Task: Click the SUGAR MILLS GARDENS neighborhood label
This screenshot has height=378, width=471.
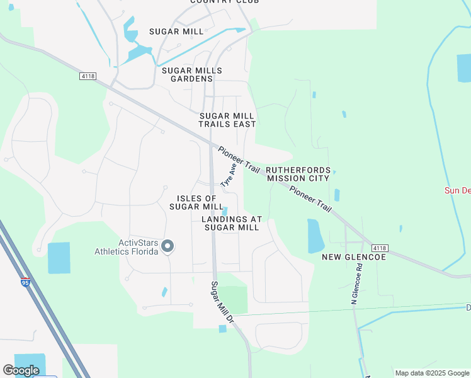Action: pyautogui.click(x=187, y=74)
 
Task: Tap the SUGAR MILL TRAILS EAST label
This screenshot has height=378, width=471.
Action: pyautogui.click(x=227, y=120)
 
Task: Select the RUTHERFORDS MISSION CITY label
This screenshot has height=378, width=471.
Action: pyautogui.click(x=297, y=174)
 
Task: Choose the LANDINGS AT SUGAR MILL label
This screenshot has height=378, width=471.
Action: pyautogui.click(x=231, y=223)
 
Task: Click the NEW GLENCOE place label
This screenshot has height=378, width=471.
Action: pyautogui.click(x=353, y=257)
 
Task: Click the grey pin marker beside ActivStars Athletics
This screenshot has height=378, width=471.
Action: pyautogui.click(x=167, y=246)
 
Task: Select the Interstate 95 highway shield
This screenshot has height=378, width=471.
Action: pyautogui.click(x=25, y=283)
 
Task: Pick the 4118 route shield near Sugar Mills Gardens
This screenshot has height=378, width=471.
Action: pyautogui.click(x=88, y=76)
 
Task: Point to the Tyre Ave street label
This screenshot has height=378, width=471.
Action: pyautogui.click(x=228, y=175)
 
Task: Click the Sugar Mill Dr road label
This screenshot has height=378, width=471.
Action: pyautogui.click(x=222, y=303)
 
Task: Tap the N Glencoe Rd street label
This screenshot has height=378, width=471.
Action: pyautogui.click(x=356, y=285)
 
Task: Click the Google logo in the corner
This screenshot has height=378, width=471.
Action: pyautogui.click(x=21, y=370)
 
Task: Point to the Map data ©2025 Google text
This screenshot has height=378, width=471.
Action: pyautogui.click(x=432, y=373)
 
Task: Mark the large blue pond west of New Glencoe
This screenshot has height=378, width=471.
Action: pyautogui.click(x=315, y=236)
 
